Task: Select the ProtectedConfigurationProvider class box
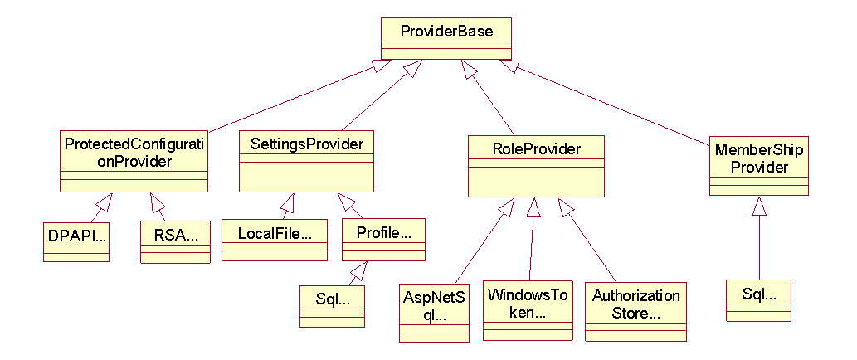134,160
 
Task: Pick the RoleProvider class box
536,166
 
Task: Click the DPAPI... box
76,241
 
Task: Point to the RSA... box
175,241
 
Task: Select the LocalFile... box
274,240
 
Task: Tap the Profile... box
383,238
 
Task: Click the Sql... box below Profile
332,305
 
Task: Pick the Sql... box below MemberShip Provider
758,299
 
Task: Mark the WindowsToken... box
528,309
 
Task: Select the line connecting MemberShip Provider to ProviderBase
614,105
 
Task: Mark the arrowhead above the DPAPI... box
103,201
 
